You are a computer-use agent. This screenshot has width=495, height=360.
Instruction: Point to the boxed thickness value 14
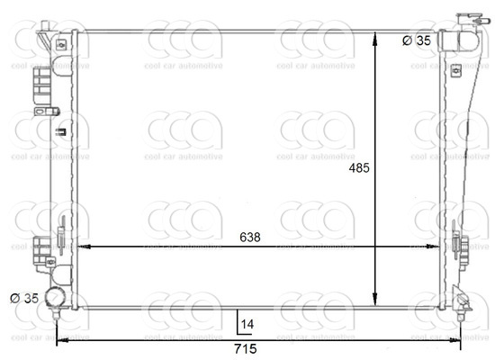tap(247, 322)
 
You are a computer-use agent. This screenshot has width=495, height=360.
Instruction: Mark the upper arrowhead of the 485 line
tap(375, 35)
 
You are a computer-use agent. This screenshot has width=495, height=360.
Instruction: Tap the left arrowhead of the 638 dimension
tap(83, 246)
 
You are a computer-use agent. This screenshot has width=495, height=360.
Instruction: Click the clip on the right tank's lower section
tap(460, 244)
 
